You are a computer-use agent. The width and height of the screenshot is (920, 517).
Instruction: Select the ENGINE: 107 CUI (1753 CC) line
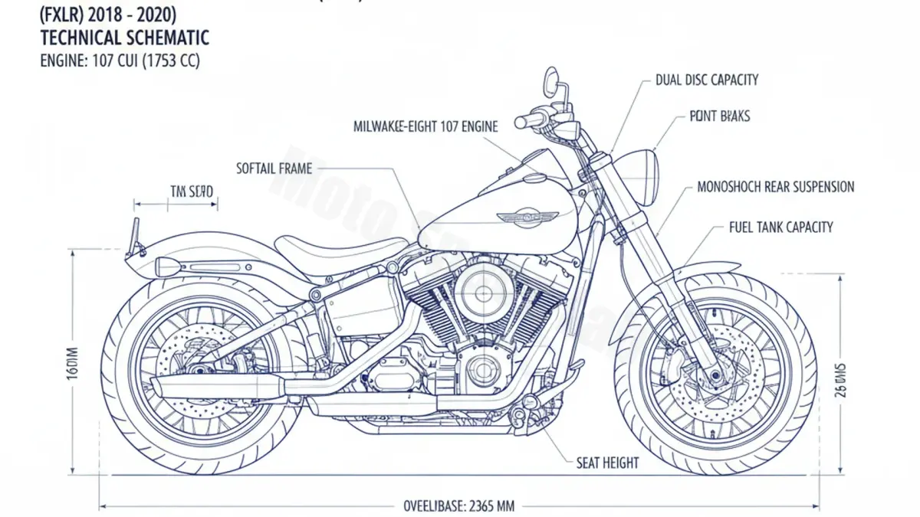pyautogui.click(x=119, y=61)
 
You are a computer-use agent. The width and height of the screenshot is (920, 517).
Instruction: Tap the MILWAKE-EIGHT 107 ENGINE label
pyautogui.click(x=426, y=126)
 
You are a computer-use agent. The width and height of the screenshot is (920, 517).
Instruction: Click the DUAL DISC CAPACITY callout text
pyautogui.click(x=707, y=80)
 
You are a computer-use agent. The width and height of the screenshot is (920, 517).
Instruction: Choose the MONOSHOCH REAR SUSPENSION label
pyautogui.click(x=775, y=187)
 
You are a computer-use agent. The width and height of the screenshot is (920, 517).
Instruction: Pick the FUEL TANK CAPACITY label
pyautogui.click(x=780, y=227)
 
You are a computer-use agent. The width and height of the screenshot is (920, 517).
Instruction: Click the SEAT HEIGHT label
pyautogui.click(x=607, y=463)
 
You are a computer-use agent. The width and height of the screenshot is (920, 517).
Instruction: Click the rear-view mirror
pyautogui.click(x=551, y=77)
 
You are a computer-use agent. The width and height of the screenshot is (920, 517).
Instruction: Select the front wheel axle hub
pyautogui.click(x=715, y=375)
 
